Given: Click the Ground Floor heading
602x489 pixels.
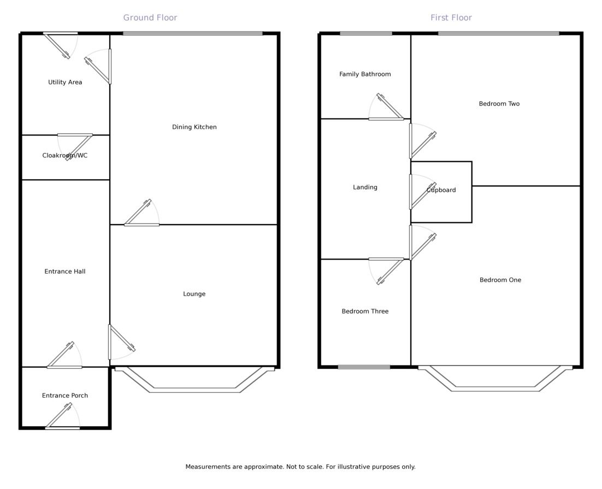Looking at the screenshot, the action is tap(150, 17).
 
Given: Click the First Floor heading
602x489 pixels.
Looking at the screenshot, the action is tap(451, 17).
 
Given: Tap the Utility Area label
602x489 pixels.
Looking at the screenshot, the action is tap(65, 83).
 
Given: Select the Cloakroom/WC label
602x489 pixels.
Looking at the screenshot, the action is tap(65, 156).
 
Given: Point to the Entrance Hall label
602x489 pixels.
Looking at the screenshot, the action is tap(65, 272).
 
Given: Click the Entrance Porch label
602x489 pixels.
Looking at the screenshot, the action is tap(65, 396).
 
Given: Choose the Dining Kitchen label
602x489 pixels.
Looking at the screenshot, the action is tap(194, 127).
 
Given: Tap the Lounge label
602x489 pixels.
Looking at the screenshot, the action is tap(194, 294).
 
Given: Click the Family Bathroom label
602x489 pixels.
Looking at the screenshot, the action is tap(365, 74).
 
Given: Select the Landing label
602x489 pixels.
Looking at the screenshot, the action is tap(365, 187).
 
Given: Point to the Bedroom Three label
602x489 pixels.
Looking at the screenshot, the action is tap(365, 311).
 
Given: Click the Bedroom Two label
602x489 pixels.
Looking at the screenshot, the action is tap(499, 104).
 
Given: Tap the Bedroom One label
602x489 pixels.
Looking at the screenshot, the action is tap(500, 280).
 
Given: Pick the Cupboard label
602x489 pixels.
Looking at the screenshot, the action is tap(441, 190).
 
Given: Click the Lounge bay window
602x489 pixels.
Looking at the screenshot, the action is tap(194, 390).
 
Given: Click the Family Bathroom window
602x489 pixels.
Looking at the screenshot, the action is tap(365, 34).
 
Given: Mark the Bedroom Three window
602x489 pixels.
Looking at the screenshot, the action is tap(364, 367).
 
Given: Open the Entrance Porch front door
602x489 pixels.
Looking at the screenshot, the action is tap(62, 427).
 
